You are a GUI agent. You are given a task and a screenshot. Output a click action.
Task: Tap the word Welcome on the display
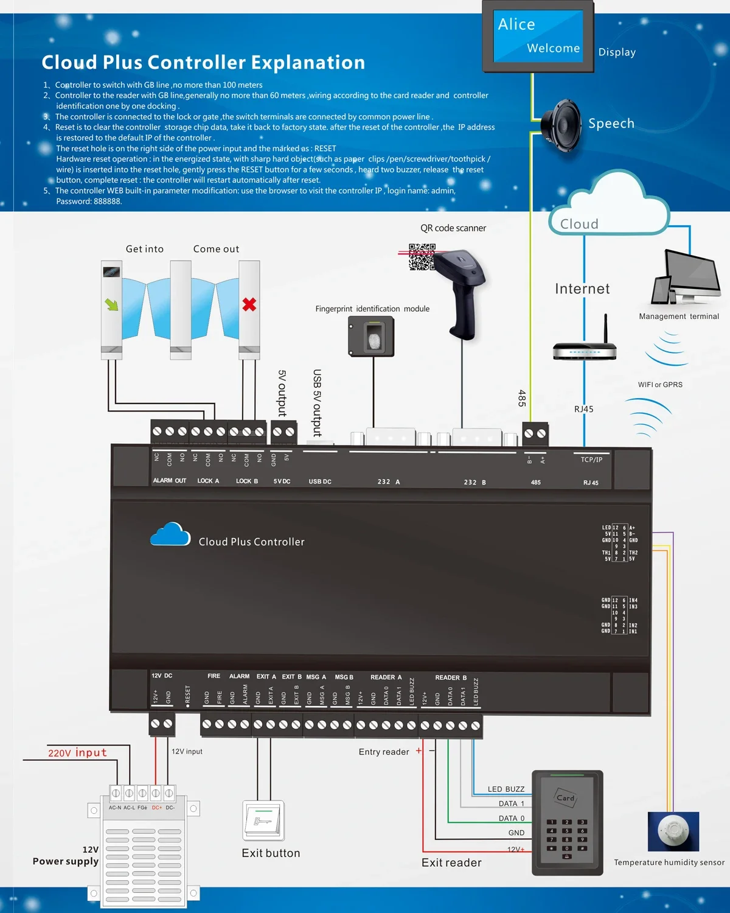click(553, 48)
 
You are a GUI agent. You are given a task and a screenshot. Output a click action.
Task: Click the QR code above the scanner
click(421, 257)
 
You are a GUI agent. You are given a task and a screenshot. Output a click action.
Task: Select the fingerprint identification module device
click(371, 336)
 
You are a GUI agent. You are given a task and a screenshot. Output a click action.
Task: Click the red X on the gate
click(249, 304)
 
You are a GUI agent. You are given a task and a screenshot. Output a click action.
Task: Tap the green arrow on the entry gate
click(112, 304)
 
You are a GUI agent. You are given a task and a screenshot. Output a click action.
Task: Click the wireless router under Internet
click(585, 351)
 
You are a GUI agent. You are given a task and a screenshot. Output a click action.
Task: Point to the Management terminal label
click(678, 317)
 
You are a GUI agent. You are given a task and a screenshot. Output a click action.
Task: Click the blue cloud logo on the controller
click(170, 534)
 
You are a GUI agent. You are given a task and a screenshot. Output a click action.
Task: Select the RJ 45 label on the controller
click(591, 483)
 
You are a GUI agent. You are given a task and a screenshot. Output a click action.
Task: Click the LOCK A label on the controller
click(208, 481)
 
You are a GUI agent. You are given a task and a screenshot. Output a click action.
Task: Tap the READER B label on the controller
click(451, 677)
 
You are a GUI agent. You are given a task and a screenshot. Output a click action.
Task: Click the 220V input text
click(77, 753)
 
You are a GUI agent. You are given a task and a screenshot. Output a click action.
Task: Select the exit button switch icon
click(263, 820)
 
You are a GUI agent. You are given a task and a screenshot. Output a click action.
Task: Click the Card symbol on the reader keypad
click(565, 797)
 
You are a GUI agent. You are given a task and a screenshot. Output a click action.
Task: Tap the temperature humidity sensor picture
click(673, 831)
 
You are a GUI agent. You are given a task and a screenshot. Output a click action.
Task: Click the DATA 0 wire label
click(511, 819)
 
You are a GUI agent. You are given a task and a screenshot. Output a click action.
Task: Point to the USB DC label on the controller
click(320, 481)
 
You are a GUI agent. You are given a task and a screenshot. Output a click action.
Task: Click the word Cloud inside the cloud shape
click(579, 224)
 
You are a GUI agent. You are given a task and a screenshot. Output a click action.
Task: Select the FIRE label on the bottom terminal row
click(214, 676)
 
